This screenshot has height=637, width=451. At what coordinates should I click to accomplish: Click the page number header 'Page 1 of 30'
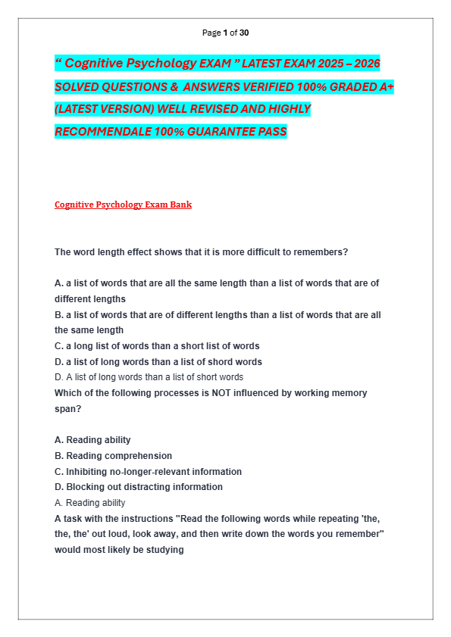(225, 33)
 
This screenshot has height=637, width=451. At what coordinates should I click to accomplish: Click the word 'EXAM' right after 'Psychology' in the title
(220, 64)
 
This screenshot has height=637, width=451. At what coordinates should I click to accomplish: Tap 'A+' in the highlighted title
(386, 86)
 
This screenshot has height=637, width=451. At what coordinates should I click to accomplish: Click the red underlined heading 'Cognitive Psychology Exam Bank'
(123, 205)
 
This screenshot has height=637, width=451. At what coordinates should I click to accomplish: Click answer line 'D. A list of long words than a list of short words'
(149, 377)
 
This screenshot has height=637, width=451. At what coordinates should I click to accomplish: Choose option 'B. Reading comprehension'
(113, 456)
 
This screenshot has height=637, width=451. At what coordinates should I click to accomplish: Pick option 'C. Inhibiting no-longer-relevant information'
(148, 472)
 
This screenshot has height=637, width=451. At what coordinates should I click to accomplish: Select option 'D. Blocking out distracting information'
(139, 487)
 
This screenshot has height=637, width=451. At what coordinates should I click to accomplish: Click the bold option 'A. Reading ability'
(92, 440)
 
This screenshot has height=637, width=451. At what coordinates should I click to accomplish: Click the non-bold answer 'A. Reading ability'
(90, 503)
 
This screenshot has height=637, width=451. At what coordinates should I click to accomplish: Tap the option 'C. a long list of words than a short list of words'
(157, 346)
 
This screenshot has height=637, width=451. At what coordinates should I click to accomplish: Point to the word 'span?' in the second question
(67, 408)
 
